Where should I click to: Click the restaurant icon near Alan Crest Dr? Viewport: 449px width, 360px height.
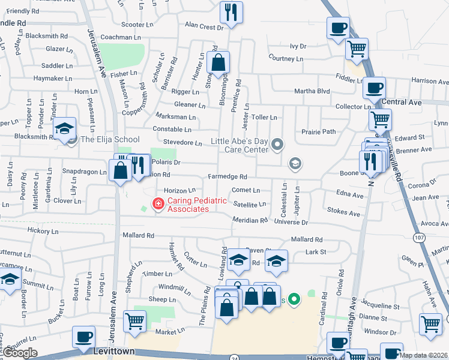[231, 11]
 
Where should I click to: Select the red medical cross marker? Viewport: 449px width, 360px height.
[158, 205]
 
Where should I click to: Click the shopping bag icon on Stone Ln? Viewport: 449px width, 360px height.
[218, 61]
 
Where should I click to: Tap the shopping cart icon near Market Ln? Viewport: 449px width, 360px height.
[134, 320]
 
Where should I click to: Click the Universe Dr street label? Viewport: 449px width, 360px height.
[291, 222]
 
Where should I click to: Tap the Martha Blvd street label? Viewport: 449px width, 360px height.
[312, 91]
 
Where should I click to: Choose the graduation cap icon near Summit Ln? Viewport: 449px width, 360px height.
[10, 279]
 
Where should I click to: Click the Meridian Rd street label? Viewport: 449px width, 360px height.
[250, 220]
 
